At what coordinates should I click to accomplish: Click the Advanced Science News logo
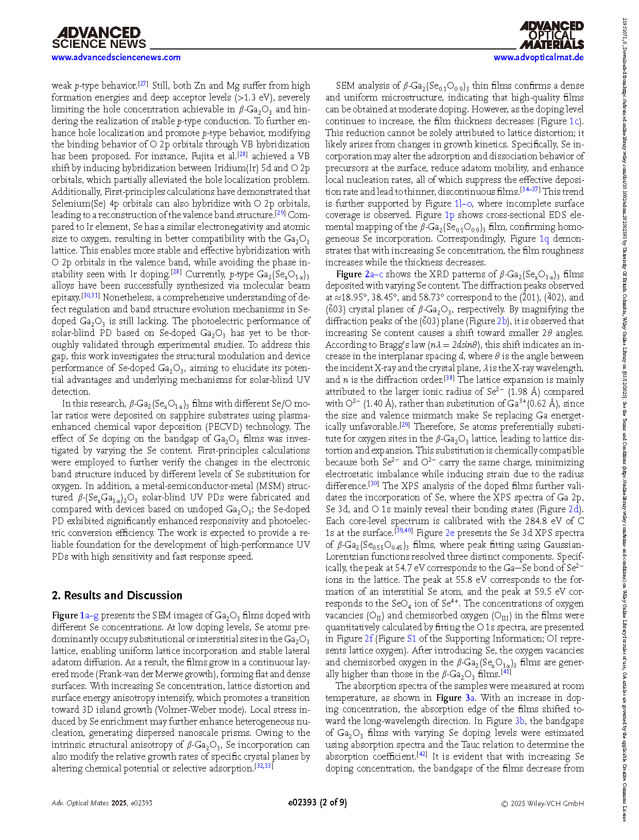[x=99, y=38]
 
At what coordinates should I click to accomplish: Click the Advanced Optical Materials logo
[x=551, y=35]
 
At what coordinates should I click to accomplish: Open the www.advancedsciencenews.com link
[x=116, y=57]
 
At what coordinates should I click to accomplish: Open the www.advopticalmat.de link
[x=538, y=57]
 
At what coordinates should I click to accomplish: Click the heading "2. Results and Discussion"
[x=117, y=595]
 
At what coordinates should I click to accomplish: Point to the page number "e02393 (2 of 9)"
[x=317, y=802]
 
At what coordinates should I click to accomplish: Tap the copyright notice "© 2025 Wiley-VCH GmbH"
[x=542, y=803]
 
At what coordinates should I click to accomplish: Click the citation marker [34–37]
[x=530, y=189]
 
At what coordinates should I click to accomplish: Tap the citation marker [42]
[x=422, y=754]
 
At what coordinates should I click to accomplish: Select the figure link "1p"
[x=449, y=215]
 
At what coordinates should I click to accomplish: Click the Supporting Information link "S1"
[x=411, y=639]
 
